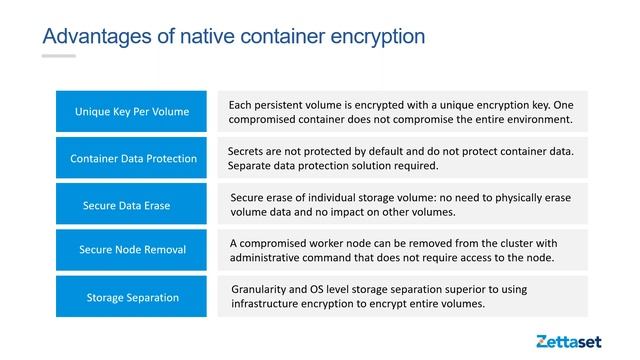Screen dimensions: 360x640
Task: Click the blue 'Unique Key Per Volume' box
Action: (x=131, y=111)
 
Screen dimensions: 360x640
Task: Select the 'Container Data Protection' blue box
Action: (x=131, y=158)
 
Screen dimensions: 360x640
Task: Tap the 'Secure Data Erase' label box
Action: (x=131, y=205)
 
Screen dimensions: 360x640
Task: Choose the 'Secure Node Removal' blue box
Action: (x=131, y=249)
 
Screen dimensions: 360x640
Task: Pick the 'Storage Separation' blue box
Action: (x=131, y=297)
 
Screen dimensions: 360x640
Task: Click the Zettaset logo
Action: (x=568, y=341)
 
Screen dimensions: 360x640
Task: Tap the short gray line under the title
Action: (x=58, y=56)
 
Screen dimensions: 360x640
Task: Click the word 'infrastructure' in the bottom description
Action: (x=268, y=304)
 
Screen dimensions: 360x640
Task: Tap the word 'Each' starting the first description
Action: (x=241, y=104)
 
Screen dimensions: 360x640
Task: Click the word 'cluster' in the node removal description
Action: (x=518, y=243)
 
